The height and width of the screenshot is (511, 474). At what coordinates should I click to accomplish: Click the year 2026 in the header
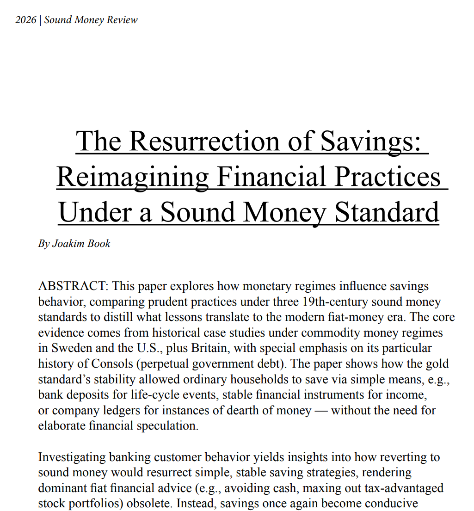(x=26, y=20)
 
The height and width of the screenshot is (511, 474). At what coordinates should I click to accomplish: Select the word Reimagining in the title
(x=133, y=177)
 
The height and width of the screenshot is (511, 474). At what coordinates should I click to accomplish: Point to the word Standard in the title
(x=387, y=212)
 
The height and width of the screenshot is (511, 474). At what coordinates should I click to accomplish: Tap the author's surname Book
(x=98, y=244)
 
